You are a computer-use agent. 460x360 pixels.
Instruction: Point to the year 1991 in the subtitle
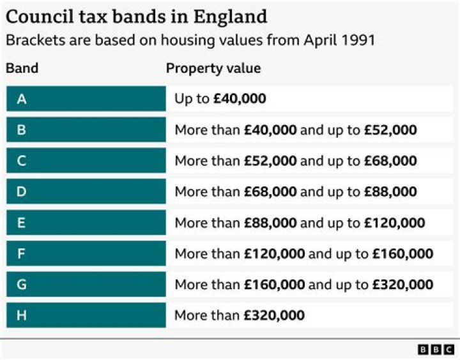pyautogui.click(x=357, y=40)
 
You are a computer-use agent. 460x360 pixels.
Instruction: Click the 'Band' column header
pyautogui.click(x=22, y=68)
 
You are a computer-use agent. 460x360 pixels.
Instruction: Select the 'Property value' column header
pyautogui.click(x=213, y=68)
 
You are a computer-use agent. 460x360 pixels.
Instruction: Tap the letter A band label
pyautogui.click(x=22, y=99)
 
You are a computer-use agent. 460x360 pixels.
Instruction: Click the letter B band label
pyautogui.click(x=22, y=130)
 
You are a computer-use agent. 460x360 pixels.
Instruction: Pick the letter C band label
pyautogui.click(x=22, y=161)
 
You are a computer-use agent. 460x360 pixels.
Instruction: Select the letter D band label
pyautogui.click(x=22, y=191)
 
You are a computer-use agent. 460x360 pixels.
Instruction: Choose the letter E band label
pyautogui.click(x=22, y=223)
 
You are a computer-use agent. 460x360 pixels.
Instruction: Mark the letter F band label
pyautogui.click(x=22, y=253)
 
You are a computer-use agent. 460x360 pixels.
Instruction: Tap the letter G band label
pyautogui.click(x=22, y=284)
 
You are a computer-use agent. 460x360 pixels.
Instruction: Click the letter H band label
pyautogui.click(x=22, y=315)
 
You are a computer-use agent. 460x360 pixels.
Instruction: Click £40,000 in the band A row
pyautogui.click(x=240, y=99)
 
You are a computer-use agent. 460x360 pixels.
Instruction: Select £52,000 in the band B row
pyautogui.click(x=390, y=130)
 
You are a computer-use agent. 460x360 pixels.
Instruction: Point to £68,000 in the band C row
pyautogui.click(x=390, y=161)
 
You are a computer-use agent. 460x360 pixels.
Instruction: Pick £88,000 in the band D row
pyautogui.click(x=390, y=191)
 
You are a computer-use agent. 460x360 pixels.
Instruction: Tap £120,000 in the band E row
pyautogui.click(x=395, y=223)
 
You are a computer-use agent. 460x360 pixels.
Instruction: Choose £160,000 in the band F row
pyautogui.click(x=403, y=253)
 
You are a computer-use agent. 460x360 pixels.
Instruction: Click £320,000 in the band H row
pyautogui.click(x=275, y=315)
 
